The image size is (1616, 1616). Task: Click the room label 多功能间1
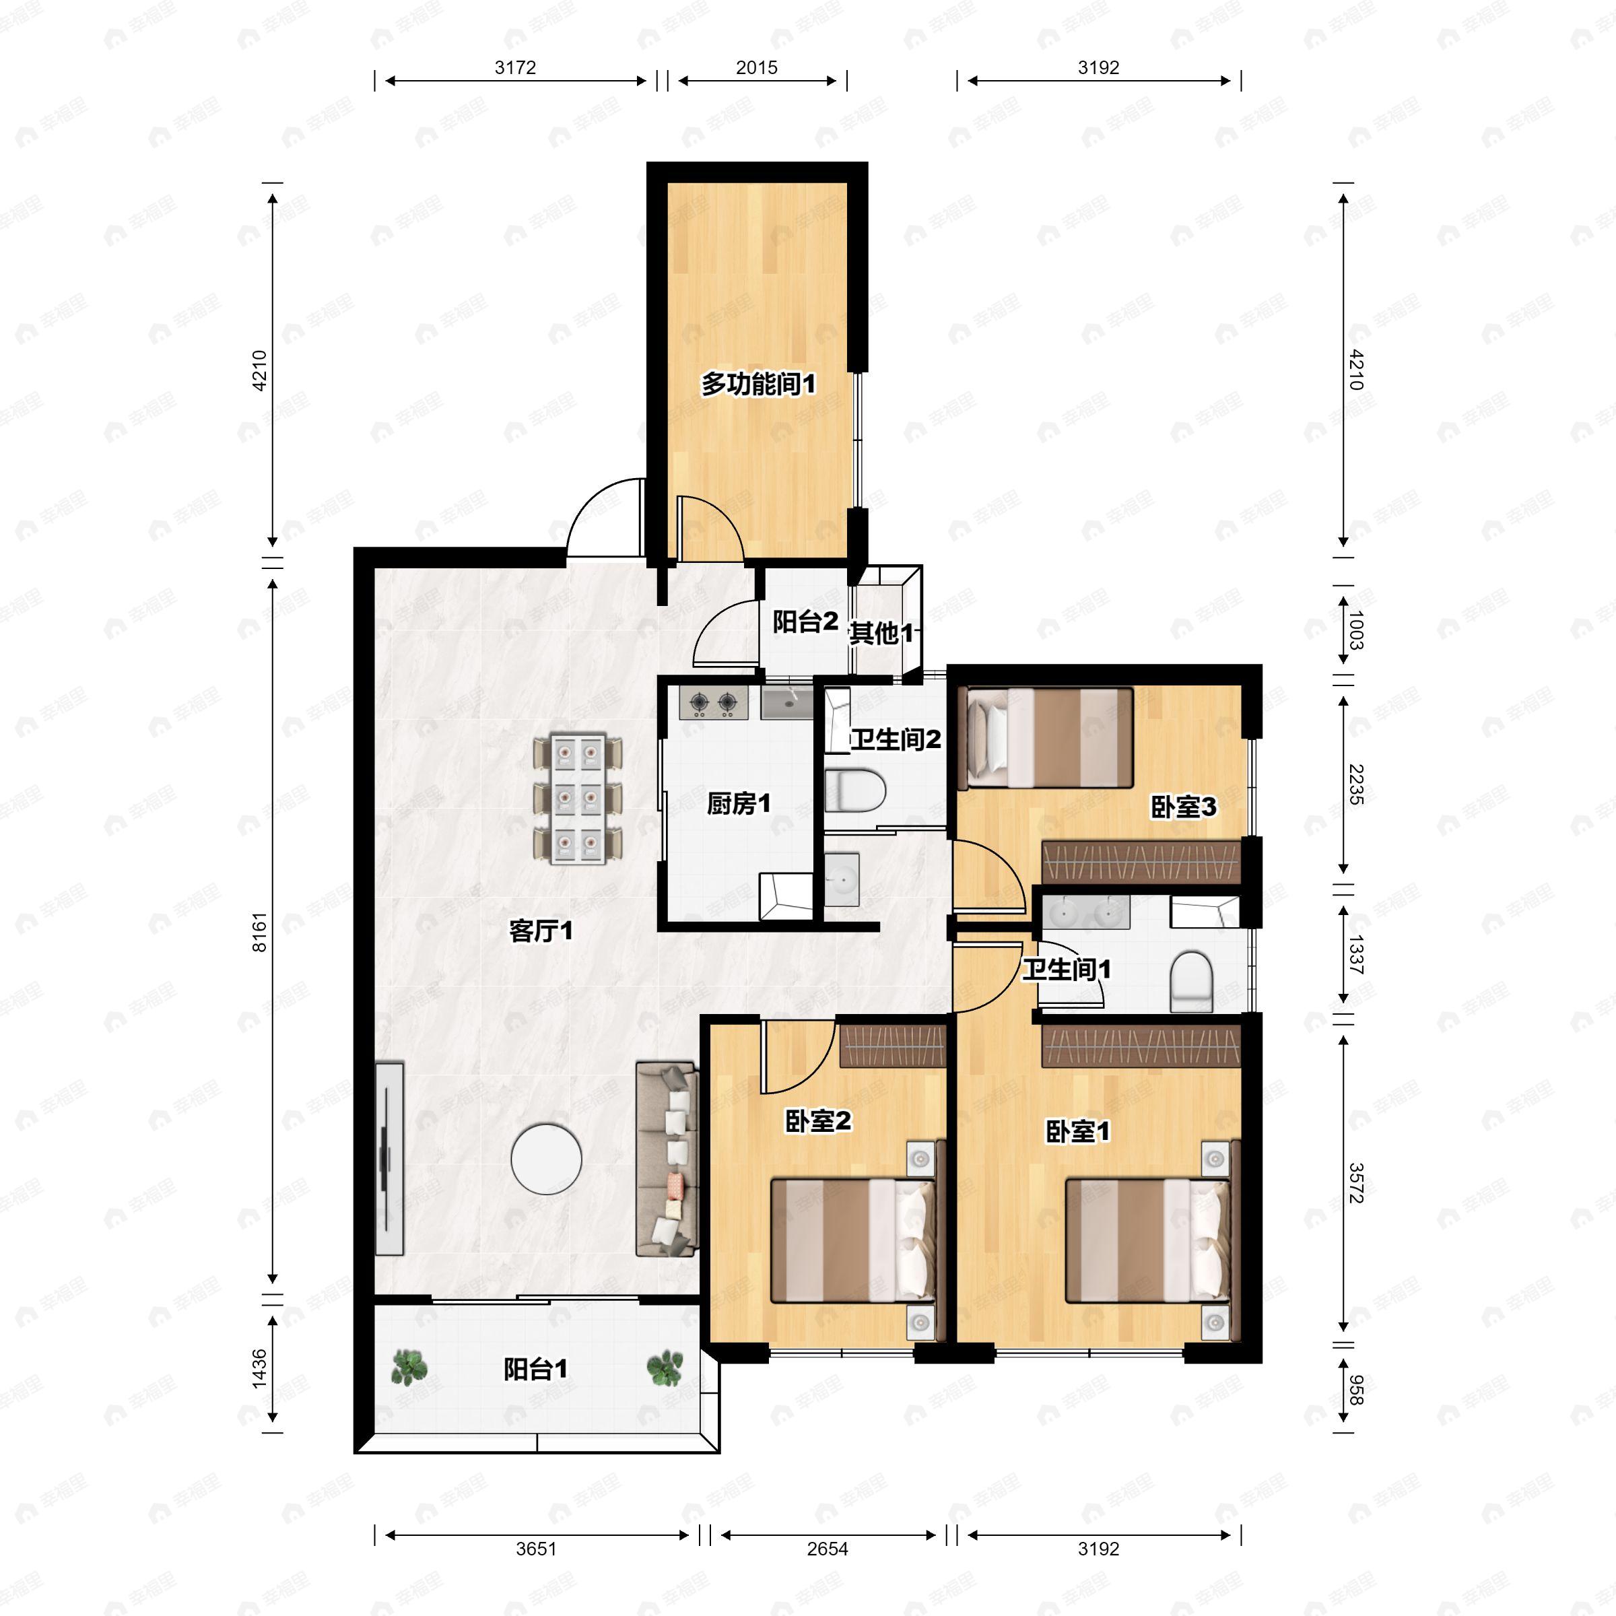757,384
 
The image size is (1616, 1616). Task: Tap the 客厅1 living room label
541,930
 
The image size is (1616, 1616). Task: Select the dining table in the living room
578,798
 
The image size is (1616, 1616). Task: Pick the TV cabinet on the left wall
389,1158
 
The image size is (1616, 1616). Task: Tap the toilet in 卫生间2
855,790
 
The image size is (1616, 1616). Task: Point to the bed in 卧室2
852,1240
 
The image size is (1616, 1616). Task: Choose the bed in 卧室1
1147,1240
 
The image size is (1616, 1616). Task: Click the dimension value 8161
259,932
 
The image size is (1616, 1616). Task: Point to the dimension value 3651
536,1549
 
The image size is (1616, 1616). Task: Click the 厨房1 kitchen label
738,804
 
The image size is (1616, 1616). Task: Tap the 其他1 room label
881,633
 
